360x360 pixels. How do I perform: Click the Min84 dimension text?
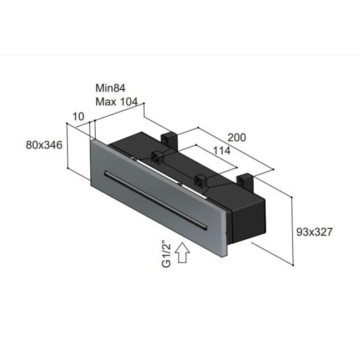point(111,88)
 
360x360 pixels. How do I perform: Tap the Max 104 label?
point(119,101)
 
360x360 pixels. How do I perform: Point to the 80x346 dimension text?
point(43,145)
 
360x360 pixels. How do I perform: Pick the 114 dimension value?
point(220,151)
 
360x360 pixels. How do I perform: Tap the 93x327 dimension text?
point(313,232)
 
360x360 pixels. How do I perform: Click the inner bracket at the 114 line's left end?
point(157,158)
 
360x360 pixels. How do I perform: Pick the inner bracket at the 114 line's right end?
point(199,181)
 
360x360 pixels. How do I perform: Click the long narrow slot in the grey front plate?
point(155,200)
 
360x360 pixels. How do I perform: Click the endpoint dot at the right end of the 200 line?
point(274,169)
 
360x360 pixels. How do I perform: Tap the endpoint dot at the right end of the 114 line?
point(238,168)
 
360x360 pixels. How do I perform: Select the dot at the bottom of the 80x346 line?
point(67,168)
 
